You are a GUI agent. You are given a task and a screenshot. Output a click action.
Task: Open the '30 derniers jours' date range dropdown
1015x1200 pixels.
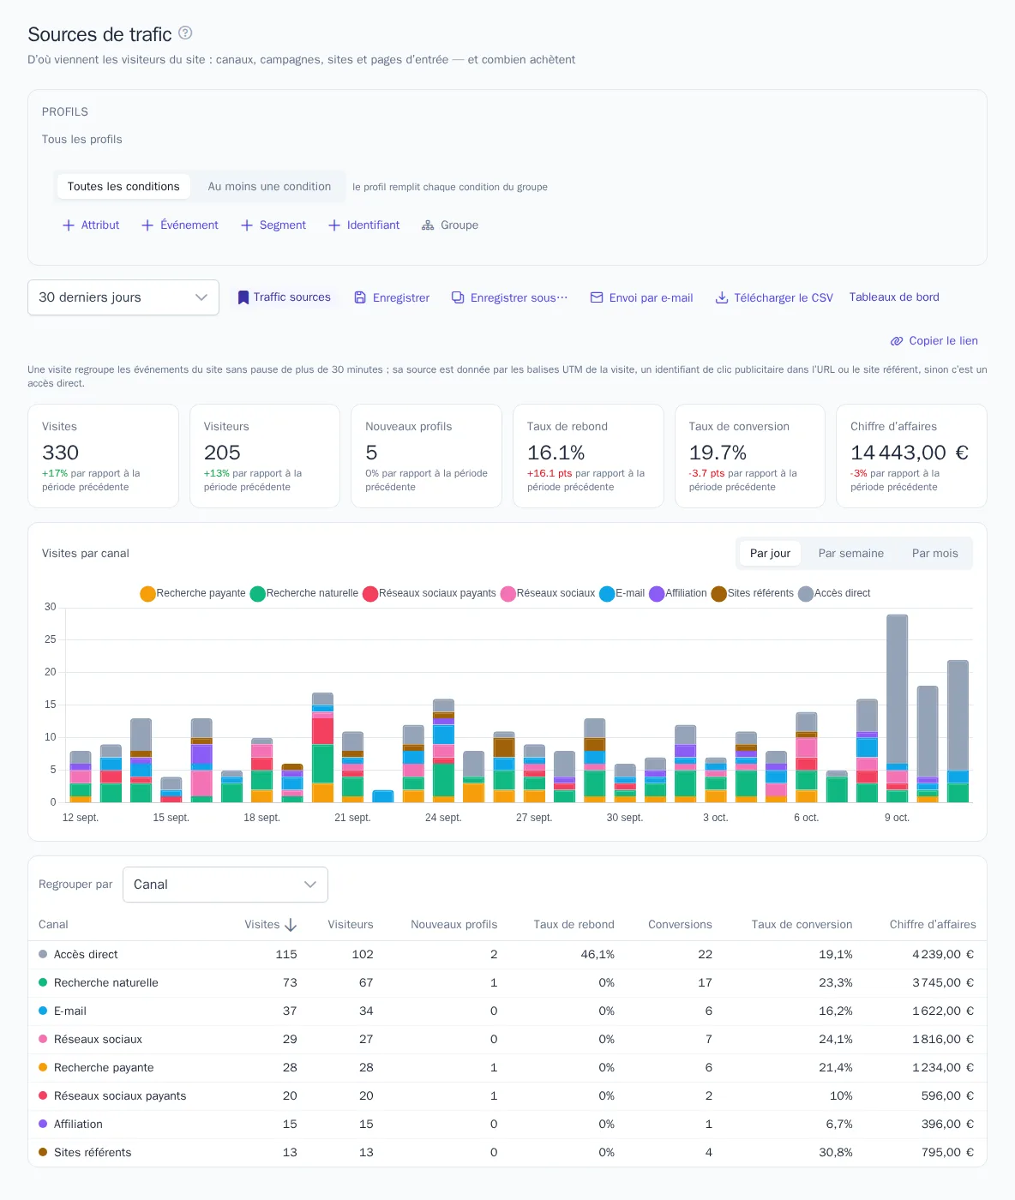(x=123, y=297)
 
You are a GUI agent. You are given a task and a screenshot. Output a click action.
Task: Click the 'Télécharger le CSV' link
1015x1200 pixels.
(x=773, y=297)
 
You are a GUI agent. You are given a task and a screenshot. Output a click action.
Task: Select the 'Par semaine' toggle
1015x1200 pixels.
(x=850, y=553)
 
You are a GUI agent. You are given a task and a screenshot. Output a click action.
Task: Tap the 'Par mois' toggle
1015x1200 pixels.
(x=934, y=553)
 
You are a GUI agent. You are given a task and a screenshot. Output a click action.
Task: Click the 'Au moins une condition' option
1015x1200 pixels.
(x=269, y=186)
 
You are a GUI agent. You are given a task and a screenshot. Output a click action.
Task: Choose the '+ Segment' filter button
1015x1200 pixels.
(x=273, y=225)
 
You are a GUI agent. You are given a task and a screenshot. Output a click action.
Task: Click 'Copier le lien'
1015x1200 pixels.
(x=934, y=341)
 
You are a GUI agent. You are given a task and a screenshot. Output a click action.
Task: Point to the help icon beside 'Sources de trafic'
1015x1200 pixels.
(x=185, y=33)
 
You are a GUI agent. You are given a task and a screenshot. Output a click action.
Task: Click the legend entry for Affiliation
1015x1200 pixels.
(x=677, y=593)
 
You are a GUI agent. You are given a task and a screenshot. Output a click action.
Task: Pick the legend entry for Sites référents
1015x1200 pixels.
(x=752, y=593)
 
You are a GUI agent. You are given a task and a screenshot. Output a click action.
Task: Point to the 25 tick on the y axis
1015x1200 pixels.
(x=51, y=639)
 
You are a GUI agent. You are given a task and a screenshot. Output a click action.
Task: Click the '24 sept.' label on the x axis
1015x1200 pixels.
(x=443, y=818)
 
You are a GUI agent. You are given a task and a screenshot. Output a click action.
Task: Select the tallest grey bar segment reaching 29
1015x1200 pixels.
(x=897, y=689)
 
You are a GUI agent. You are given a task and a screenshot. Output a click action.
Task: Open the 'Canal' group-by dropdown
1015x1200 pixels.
(x=225, y=885)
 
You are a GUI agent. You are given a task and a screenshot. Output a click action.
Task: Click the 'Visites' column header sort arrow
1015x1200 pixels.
(x=291, y=925)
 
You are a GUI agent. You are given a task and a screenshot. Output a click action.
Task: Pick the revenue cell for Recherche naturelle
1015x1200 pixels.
(x=942, y=982)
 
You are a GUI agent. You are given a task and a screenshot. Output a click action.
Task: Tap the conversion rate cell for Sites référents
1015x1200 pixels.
(x=835, y=1152)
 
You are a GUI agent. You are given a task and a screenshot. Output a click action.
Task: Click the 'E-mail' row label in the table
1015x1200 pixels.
(x=69, y=1011)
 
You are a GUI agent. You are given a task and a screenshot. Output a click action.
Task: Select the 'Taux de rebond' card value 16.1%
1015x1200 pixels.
(x=556, y=453)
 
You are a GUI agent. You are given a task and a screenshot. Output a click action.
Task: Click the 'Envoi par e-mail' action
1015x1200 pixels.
(x=641, y=297)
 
